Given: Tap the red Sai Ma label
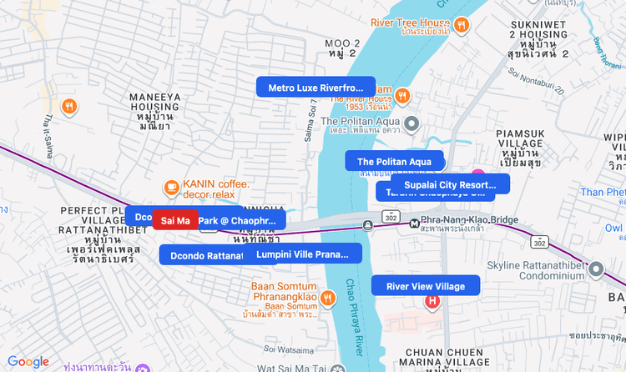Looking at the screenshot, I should click(175, 220).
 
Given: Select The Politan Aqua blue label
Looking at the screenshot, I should click(394, 161).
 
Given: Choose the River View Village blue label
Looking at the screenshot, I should click(426, 286).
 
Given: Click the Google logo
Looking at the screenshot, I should click(28, 362).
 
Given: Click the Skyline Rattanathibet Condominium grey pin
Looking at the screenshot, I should click(595, 269).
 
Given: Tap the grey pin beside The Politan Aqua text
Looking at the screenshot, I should click(411, 125).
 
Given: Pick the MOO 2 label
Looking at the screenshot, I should click(342, 48).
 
